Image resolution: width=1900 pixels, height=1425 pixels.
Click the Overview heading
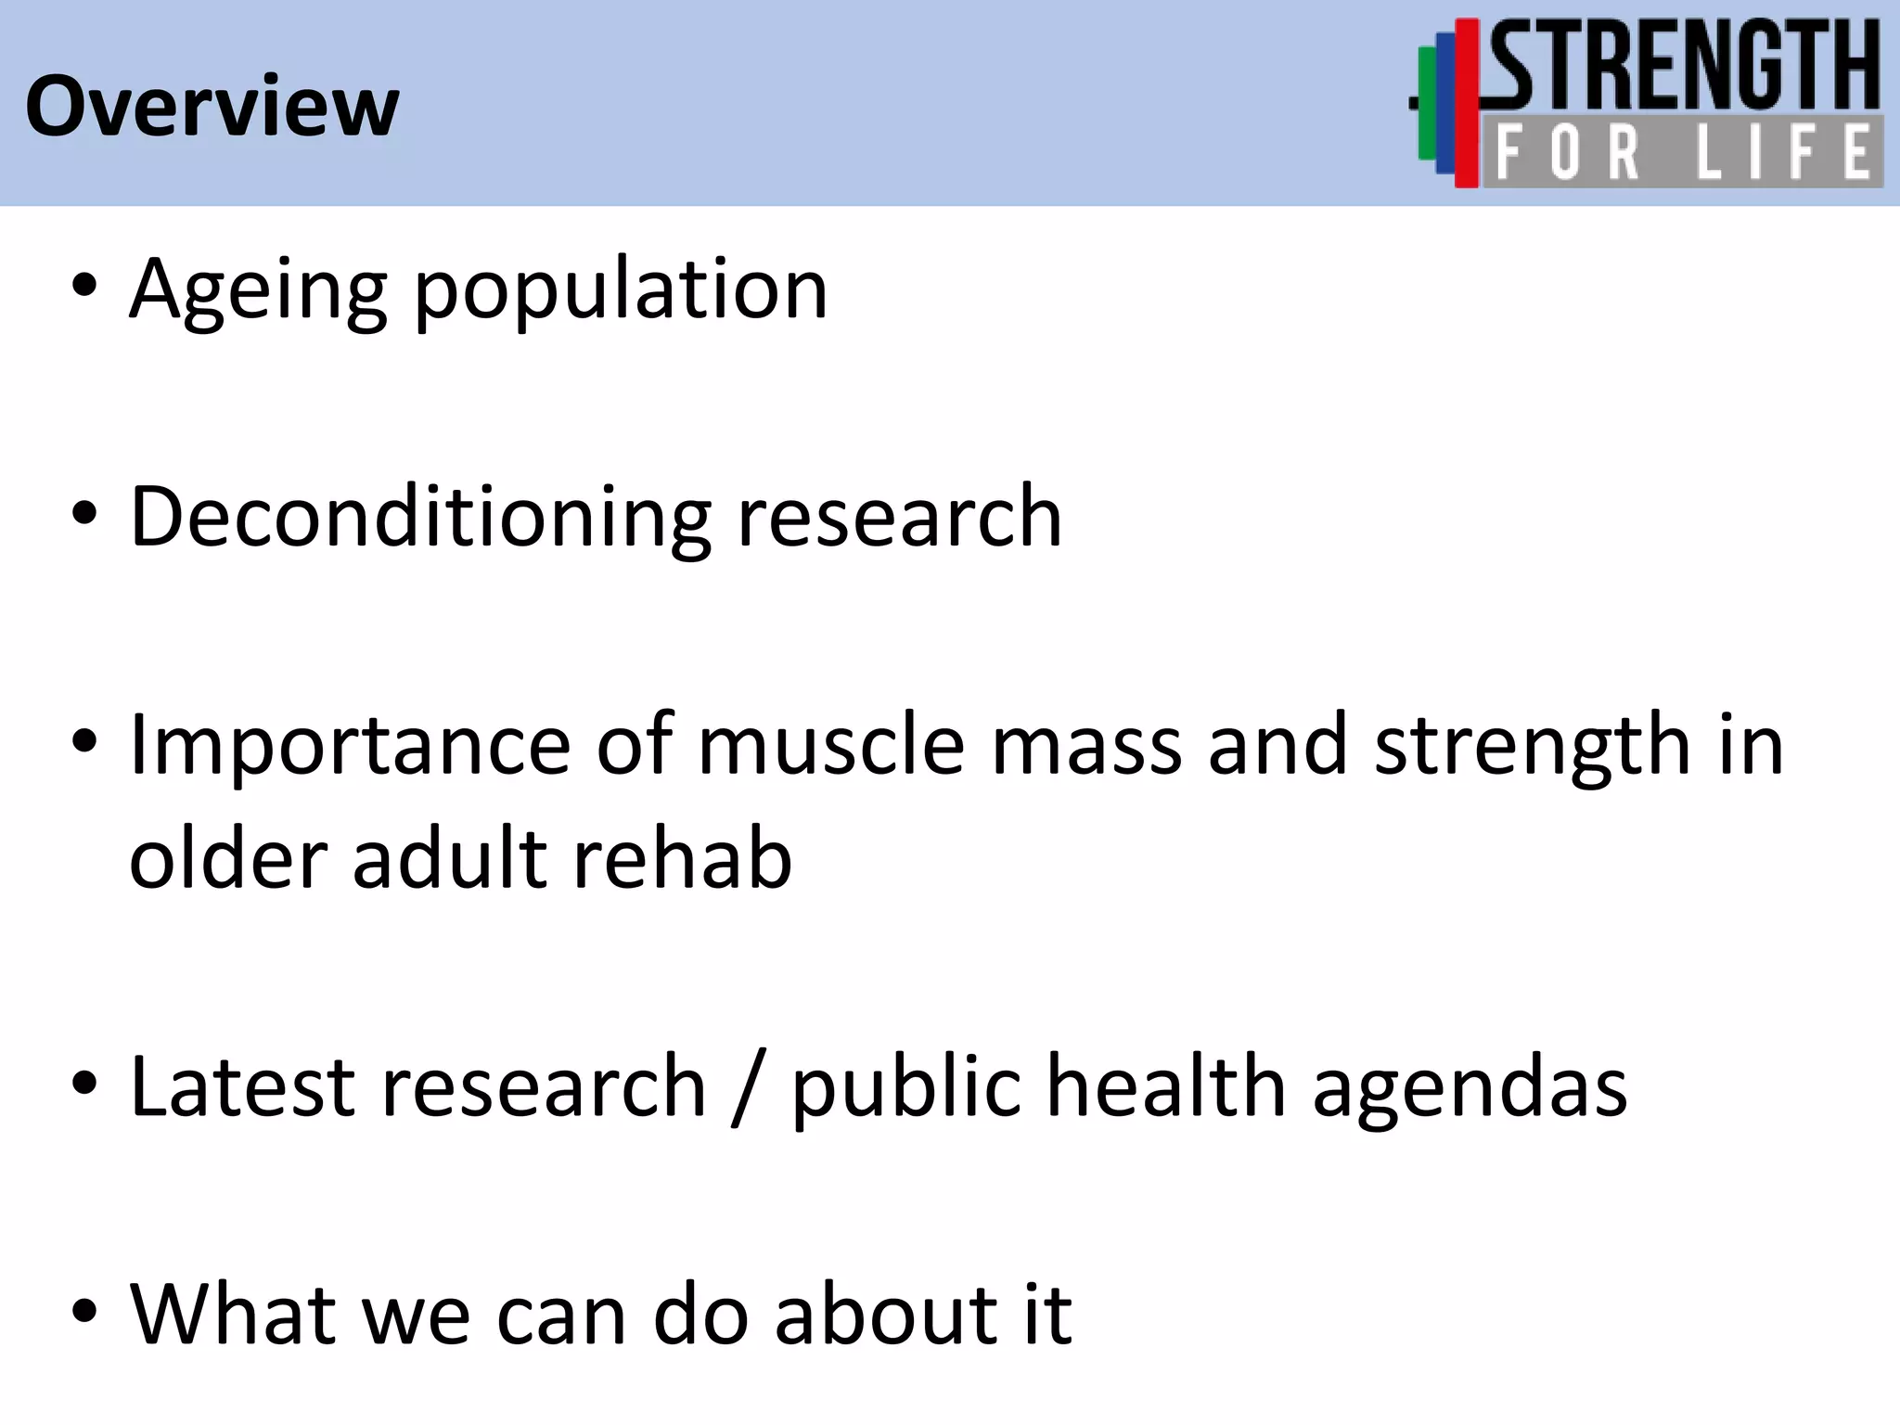[x=212, y=107]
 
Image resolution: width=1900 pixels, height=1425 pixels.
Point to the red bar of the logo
[x=1466, y=102]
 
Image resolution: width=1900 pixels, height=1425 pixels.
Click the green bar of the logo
[x=1426, y=104]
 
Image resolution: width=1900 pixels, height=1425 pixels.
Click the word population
[x=620, y=292]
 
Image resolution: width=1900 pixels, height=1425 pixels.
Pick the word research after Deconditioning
[x=899, y=518]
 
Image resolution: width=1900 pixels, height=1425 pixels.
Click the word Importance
[x=350, y=746]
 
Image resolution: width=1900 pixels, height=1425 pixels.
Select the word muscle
[x=831, y=746]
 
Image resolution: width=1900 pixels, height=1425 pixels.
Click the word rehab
[x=682, y=859]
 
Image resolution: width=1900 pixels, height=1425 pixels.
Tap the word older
[x=228, y=859]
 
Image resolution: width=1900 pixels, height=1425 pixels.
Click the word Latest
[x=242, y=1086]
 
